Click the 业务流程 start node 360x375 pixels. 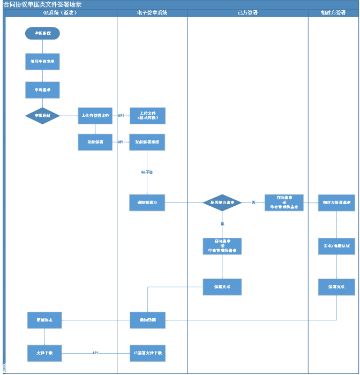(x=42, y=33)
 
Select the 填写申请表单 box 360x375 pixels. (x=42, y=62)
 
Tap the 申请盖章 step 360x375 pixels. (x=42, y=90)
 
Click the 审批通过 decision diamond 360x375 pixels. (x=42, y=116)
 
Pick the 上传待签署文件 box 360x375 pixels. (x=95, y=116)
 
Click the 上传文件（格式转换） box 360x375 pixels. (x=147, y=116)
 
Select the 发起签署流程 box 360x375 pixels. (x=147, y=142)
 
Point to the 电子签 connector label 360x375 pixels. (x=147, y=172)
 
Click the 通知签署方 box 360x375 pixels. (x=147, y=202)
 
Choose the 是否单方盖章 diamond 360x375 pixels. (x=222, y=202)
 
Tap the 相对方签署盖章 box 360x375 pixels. (x=336, y=203)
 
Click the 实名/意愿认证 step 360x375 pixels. (x=336, y=246)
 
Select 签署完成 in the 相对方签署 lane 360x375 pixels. (x=336, y=287)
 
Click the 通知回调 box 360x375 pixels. (x=147, y=320)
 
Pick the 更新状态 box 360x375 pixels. (x=44, y=320)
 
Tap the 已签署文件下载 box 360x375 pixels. (x=147, y=353)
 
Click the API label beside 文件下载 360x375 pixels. (x=95, y=353)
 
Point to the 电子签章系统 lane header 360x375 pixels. (x=152, y=12)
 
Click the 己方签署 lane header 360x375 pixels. (x=247, y=12)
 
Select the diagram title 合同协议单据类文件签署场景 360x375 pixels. (x=43, y=4)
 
